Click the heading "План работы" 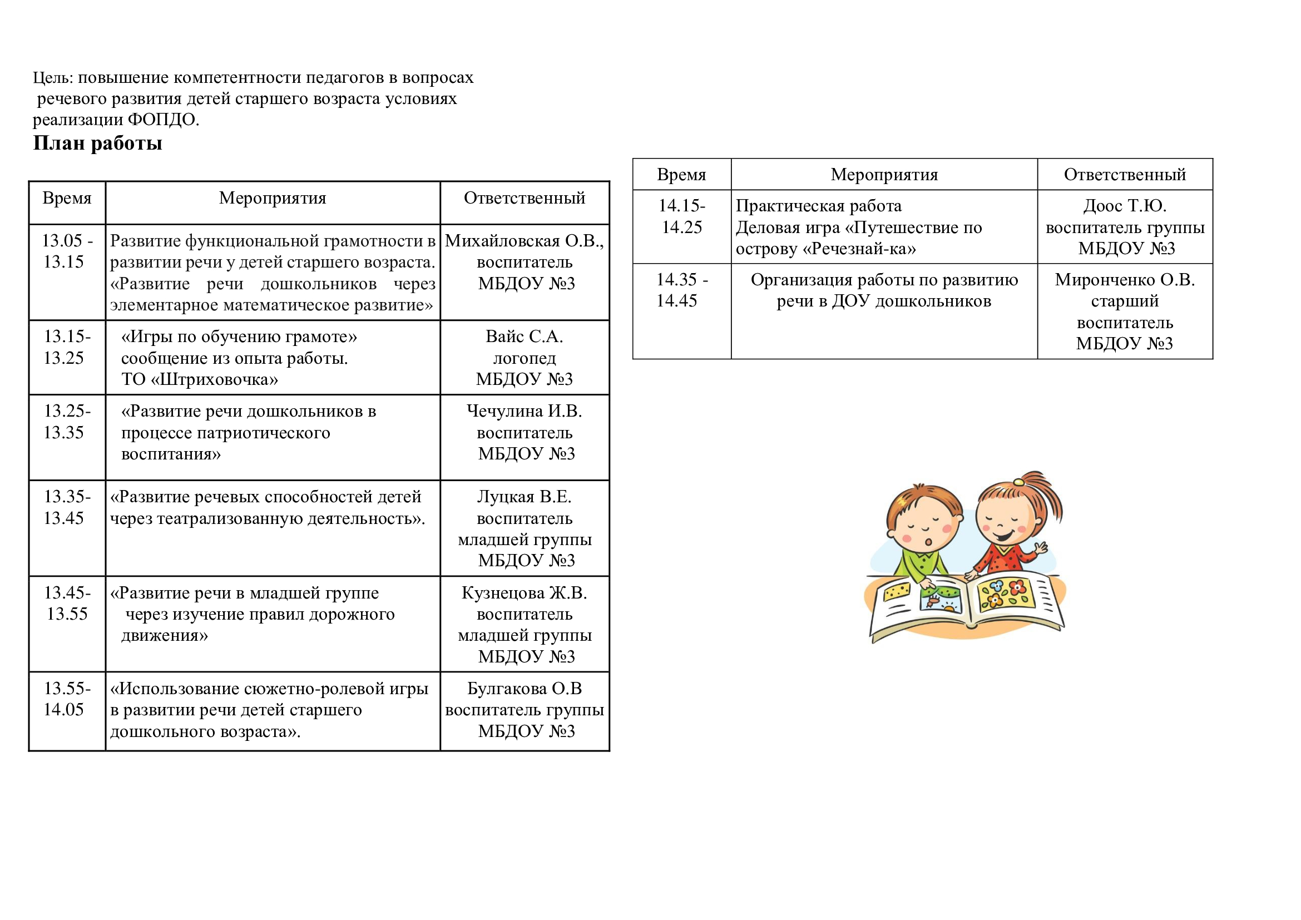tap(97, 144)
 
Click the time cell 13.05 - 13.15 tap(66, 251)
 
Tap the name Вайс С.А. tap(524, 337)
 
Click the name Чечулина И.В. tap(524, 410)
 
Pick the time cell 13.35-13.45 tap(66, 507)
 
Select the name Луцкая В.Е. tap(524, 497)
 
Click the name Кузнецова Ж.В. tap(524, 592)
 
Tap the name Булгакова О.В tap(524, 688)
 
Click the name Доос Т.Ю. tap(1124, 206)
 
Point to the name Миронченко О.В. tap(1124, 280)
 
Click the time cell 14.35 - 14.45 tap(681, 290)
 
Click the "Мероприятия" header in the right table tap(884, 175)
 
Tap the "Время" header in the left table tap(67, 198)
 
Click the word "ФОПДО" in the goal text tap(162, 120)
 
